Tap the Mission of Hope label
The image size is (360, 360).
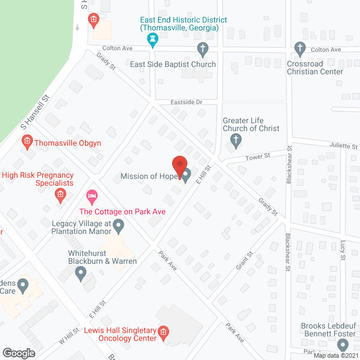click(148, 177)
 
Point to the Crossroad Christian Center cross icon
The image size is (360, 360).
click(301, 49)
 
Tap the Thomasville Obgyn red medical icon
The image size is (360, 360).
click(26, 143)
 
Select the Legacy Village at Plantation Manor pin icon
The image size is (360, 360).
click(118, 227)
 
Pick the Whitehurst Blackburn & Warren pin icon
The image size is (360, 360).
click(80, 274)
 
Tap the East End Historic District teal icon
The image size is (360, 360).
click(152, 38)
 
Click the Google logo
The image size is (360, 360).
click(19, 353)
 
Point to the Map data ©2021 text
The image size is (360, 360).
click(335, 355)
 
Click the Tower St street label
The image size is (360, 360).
click(258, 157)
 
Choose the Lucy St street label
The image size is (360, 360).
click(343, 250)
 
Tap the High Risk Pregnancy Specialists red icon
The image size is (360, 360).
click(60, 195)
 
